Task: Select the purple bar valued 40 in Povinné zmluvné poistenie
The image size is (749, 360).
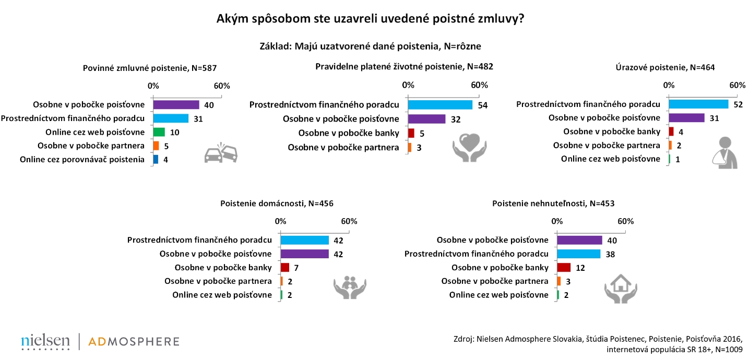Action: click(x=176, y=105)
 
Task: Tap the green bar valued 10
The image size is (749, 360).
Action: click(x=159, y=132)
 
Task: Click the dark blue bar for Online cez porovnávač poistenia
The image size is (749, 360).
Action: click(x=156, y=159)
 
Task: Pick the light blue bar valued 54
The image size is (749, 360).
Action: click(x=440, y=105)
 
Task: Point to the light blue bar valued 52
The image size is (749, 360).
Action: click(x=698, y=104)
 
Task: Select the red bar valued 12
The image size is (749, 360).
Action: click(x=564, y=268)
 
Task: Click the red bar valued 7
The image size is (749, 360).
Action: click(x=284, y=268)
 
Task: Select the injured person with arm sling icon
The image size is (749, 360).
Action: click(x=725, y=152)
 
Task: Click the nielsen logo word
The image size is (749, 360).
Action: click(x=45, y=341)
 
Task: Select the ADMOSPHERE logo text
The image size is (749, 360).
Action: click(x=134, y=342)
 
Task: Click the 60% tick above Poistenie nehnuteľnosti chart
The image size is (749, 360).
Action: click(x=625, y=221)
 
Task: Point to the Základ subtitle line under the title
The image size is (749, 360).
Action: click(x=374, y=46)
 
